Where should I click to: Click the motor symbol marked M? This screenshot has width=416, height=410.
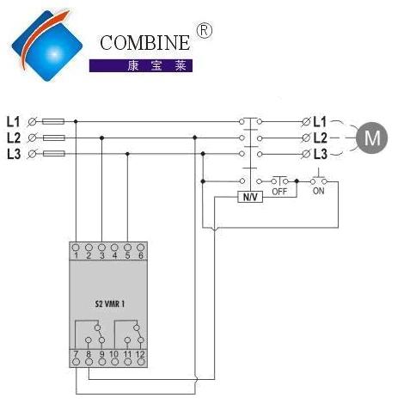(371, 138)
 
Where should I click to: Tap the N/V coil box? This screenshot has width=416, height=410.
(250, 197)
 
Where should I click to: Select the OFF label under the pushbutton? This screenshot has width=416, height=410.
(279, 192)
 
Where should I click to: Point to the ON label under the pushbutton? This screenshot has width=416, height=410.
(318, 191)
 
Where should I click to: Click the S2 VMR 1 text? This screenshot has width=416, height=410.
(110, 303)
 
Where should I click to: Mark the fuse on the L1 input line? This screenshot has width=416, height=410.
(53, 121)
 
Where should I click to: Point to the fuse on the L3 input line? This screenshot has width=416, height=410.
(54, 154)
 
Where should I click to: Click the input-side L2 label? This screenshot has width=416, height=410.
(14, 138)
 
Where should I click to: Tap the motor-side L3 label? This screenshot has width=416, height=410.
(320, 154)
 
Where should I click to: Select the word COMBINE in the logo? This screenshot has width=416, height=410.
(144, 43)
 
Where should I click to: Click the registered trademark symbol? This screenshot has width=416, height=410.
(204, 31)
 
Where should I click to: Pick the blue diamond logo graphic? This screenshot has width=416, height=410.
(47, 46)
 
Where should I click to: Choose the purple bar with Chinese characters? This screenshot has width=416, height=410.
(141, 65)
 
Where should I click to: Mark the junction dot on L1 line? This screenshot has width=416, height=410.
(76, 121)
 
